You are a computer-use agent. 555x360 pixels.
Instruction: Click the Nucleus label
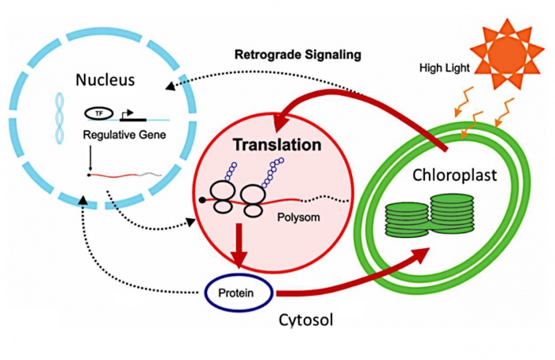pyautogui.click(x=105, y=79)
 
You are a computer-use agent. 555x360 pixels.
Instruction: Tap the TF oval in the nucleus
pyautogui.click(x=99, y=113)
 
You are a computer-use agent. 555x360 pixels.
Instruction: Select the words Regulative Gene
pyautogui.click(x=124, y=135)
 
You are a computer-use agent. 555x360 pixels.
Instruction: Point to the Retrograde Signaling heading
pyautogui.click(x=297, y=55)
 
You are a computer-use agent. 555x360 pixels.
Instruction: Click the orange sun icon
pyautogui.click(x=507, y=54)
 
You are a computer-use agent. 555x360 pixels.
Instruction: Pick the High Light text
pyautogui.click(x=445, y=67)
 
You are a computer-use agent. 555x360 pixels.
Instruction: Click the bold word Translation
pyautogui.click(x=277, y=145)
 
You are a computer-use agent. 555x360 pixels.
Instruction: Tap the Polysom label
pyautogui.click(x=298, y=217)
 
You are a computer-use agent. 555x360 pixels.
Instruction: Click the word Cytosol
pyautogui.click(x=306, y=320)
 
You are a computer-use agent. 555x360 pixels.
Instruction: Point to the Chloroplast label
pyautogui.click(x=454, y=175)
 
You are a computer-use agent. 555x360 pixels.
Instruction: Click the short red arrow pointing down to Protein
pyautogui.click(x=239, y=246)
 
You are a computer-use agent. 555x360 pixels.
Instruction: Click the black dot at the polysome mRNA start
pyautogui.click(x=202, y=201)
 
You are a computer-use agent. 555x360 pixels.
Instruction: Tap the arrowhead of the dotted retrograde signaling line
pyautogui.click(x=170, y=86)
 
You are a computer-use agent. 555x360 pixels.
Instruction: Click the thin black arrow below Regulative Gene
pyautogui.click(x=90, y=159)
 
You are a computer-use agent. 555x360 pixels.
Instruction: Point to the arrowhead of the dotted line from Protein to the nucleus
pyautogui.click(x=82, y=199)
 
